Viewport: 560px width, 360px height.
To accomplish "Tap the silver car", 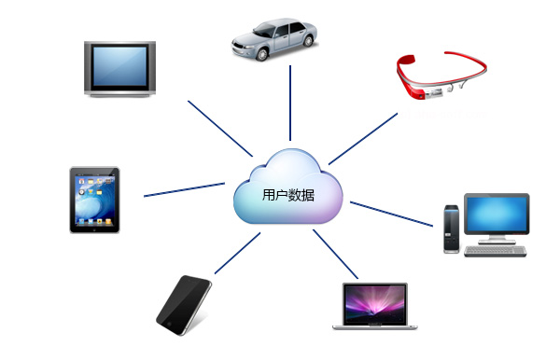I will pos(277,38).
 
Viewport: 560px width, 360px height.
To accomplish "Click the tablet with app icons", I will pos(94,200).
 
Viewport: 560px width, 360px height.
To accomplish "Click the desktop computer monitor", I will pos(497,215).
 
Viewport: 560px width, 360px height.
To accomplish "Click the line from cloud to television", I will pos(219,126).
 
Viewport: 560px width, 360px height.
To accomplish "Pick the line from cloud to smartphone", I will pos(237,254).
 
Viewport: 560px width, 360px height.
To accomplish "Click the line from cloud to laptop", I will pos(329,252).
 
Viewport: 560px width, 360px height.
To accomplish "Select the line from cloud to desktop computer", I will pos(390,213).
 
